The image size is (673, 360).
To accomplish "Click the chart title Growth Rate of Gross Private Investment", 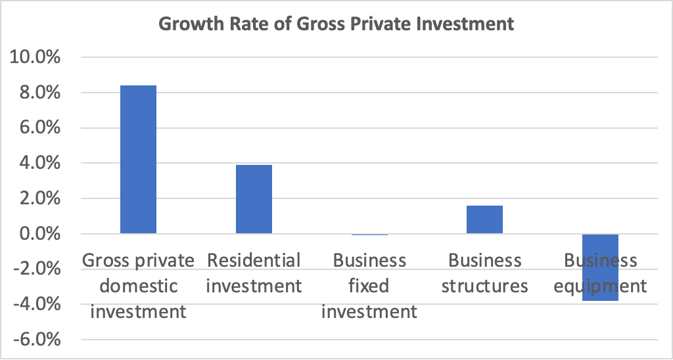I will pyautogui.click(x=336, y=25).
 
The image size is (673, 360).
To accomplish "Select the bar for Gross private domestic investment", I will pyautogui.click(x=138, y=160).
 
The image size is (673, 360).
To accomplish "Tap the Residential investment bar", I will pyautogui.click(x=254, y=199).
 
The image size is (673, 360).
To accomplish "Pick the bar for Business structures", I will pyautogui.click(x=484, y=220).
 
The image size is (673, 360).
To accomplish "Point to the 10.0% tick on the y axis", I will pyautogui.click(x=34, y=58).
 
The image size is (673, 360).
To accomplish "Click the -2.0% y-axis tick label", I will pyautogui.click(x=34, y=269).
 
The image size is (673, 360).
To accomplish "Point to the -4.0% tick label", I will pyautogui.click(x=34, y=305).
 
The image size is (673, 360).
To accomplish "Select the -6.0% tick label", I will pyautogui.click(x=34, y=340).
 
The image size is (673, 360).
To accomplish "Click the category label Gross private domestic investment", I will pyautogui.click(x=138, y=286).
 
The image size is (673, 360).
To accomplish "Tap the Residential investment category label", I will pyautogui.click(x=254, y=273).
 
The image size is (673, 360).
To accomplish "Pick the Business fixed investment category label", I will pyautogui.click(x=369, y=286).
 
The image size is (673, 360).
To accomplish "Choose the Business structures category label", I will pyautogui.click(x=484, y=273).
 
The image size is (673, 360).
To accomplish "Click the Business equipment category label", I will pyautogui.click(x=601, y=273).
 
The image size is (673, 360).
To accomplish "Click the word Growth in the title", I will pyautogui.click(x=185, y=25).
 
